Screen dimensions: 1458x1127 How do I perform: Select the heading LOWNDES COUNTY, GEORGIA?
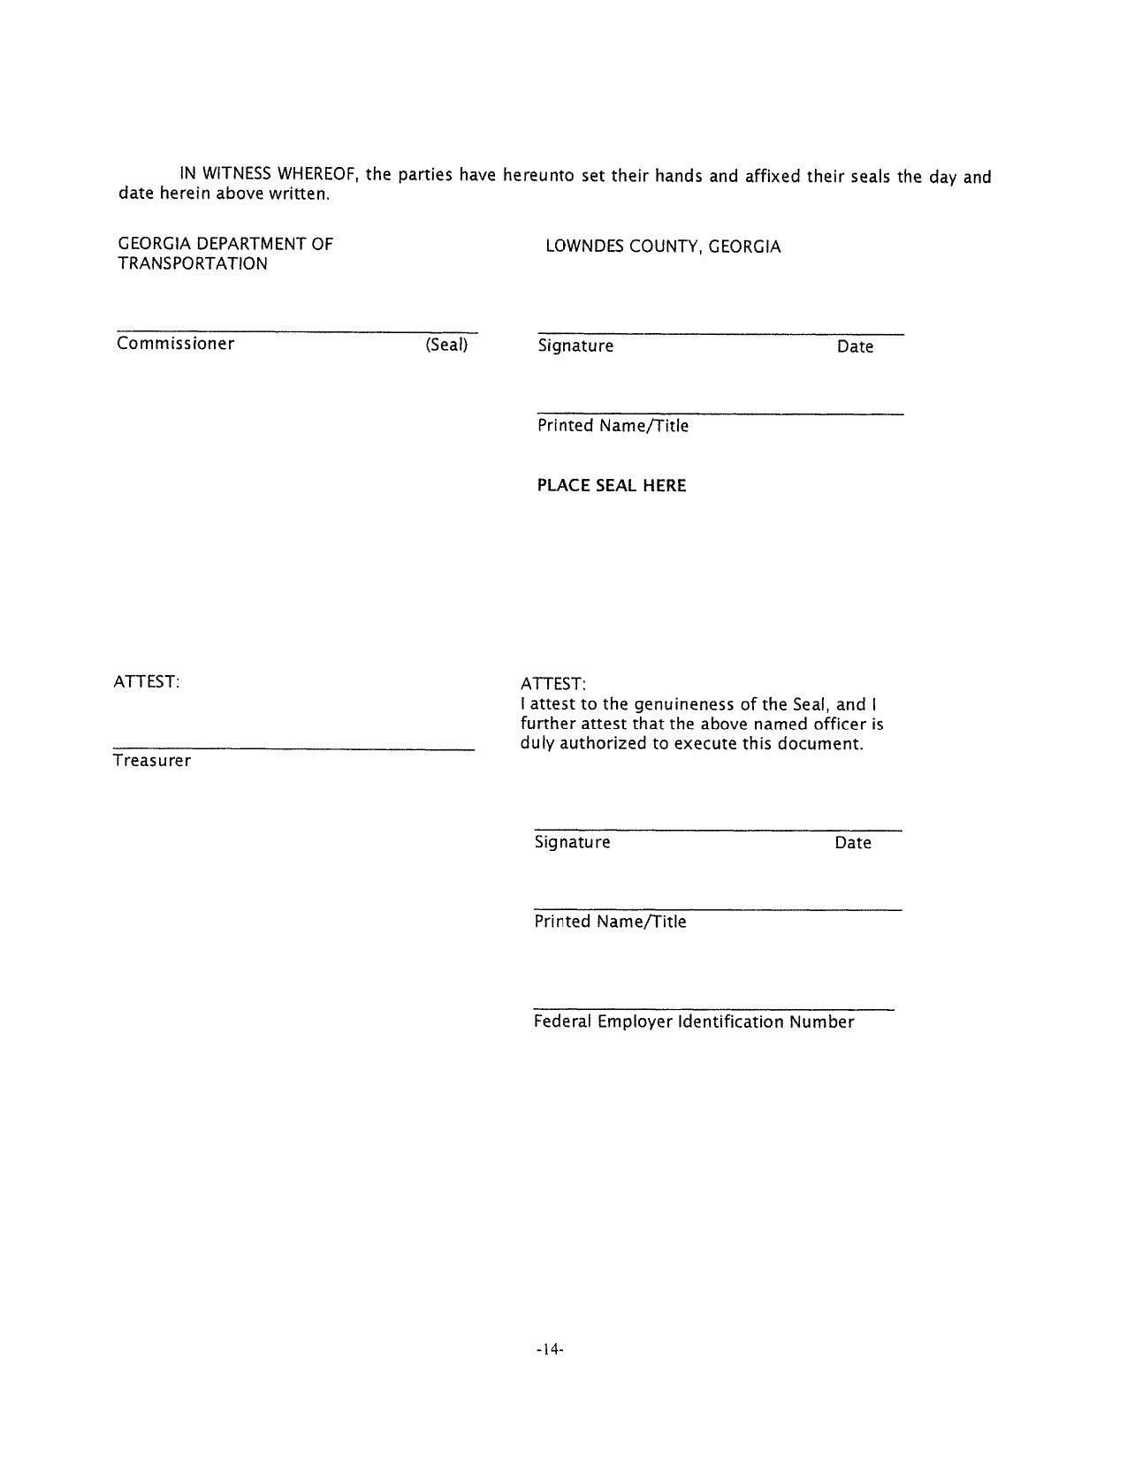point(663,247)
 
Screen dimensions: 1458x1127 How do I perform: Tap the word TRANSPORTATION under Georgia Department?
point(193,263)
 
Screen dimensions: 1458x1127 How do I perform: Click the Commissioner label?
point(176,344)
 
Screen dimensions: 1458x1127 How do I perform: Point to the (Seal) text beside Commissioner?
point(446,345)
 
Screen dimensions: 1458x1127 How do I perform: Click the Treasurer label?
point(152,761)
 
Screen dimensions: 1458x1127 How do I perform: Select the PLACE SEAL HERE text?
point(612,485)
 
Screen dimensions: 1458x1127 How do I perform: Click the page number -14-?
point(549,1349)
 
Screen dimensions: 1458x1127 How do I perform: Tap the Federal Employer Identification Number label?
point(694,1022)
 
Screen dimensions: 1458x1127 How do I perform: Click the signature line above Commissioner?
point(296,332)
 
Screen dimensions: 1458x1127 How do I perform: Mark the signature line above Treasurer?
point(293,749)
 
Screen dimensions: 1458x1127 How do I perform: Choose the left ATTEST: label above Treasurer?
point(147,681)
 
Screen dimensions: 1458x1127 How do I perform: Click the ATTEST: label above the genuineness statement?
point(553,685)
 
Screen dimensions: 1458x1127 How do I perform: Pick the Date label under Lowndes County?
point(855,347)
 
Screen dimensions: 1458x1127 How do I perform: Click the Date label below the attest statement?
point(853,843)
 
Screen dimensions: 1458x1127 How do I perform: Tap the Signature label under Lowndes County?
point(575,346)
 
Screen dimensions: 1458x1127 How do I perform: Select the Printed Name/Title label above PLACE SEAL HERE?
point(613,426)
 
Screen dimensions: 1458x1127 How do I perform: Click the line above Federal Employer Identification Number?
point(713,1008)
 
